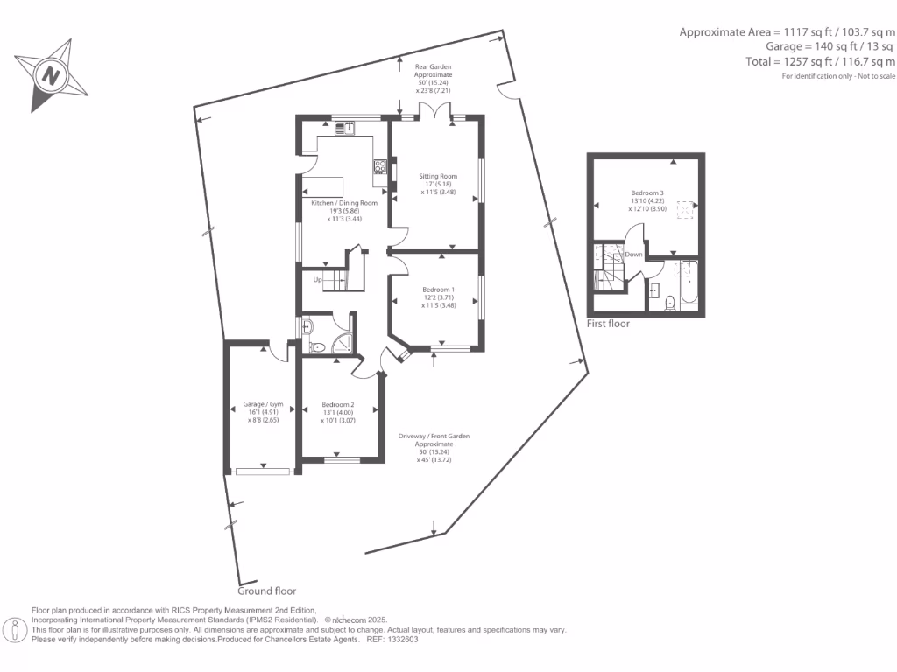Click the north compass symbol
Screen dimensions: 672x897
[51, 75]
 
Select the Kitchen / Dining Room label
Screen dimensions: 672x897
[344, 203]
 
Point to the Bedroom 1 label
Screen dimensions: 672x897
[438, 290]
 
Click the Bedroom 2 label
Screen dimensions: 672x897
[337, 405]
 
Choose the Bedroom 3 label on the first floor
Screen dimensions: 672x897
[646, 192]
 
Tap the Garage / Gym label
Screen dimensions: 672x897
[264, 405]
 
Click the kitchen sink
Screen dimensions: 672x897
[344, 128]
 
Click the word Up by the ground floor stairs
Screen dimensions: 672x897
[320, 280]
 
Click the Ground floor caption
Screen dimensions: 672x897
[266, 591]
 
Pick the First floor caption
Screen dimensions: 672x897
[607, 324]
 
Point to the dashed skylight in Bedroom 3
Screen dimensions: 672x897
[687, 207]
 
